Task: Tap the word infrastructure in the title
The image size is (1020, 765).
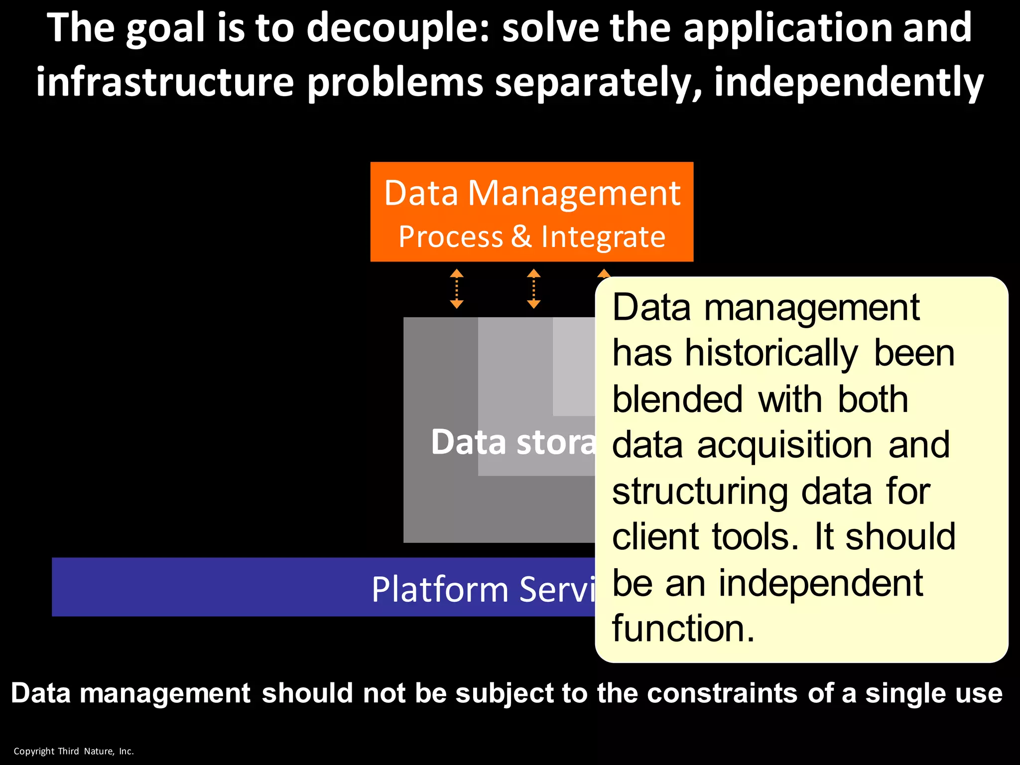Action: pos(165,82)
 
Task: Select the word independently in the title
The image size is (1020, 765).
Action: pos(849,82)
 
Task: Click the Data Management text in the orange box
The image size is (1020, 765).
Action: pos(532,193)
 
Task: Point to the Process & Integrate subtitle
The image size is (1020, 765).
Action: pos(532,237)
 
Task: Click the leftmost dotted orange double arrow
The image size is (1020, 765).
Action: pos(457,289)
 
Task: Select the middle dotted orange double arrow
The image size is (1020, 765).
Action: pos(533,289)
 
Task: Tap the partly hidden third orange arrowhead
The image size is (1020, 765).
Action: pos(604,273)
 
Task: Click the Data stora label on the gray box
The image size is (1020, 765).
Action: pos(513,442)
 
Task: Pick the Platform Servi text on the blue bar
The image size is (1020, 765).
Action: pos(483,589)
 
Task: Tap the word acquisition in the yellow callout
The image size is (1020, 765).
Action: pos(784,445)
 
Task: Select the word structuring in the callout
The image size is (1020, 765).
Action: pos(699,492)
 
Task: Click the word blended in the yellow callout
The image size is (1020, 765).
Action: pos(677,399)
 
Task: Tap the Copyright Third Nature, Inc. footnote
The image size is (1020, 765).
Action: pos(74,751)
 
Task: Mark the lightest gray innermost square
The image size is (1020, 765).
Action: pos(574,366)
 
